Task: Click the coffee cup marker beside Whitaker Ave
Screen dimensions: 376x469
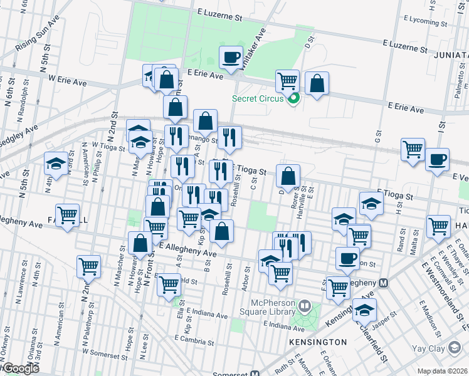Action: [230, 58]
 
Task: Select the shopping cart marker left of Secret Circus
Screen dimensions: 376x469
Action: [287, 80]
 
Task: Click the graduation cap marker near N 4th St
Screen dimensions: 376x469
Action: [56, 164]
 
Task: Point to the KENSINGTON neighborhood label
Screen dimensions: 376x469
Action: [318, 342]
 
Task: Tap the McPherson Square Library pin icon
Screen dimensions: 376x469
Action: [305, 306]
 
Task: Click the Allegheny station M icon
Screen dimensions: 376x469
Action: [383, 283]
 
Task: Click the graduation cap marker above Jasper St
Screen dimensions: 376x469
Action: [364, 310]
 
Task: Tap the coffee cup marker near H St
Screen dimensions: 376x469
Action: [437, 159]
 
